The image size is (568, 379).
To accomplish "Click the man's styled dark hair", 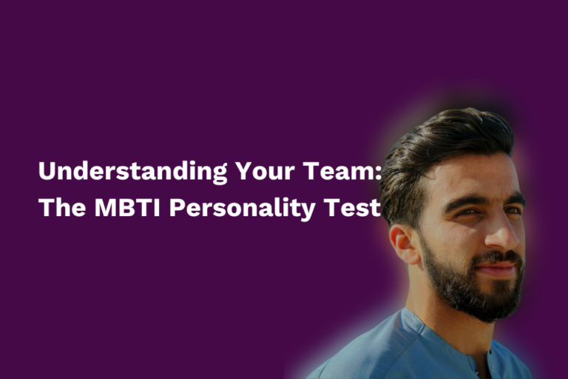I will pos(444,137).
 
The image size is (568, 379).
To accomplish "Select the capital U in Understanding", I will pos(47,172).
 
